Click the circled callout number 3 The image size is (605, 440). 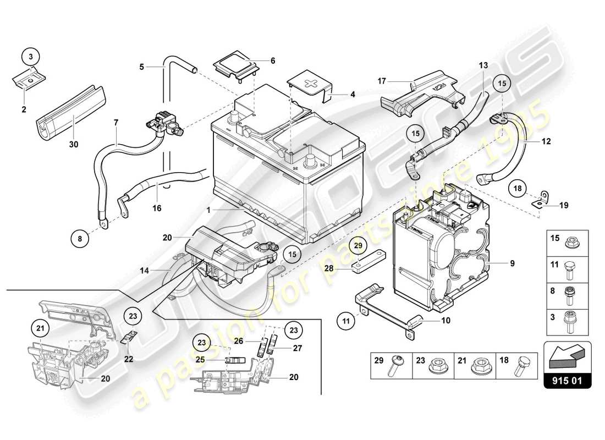click(31, 57)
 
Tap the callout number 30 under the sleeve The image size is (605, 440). click(74, 145)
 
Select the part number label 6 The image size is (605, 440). click(272, 61)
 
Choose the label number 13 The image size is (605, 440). click(483, 65)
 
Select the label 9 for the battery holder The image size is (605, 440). click(512, 263)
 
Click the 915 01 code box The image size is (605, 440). click(568, 381)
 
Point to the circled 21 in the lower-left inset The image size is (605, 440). click(39, 329)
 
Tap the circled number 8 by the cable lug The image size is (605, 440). click(80, 239)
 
